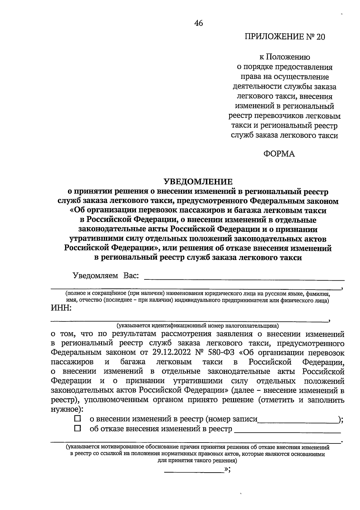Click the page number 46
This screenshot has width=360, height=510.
pos(198,23)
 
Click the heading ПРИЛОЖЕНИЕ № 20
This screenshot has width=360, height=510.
pos(285,37)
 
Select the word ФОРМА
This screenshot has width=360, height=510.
pos(279,154)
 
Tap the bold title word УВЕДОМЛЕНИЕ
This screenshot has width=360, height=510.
pos(198,181)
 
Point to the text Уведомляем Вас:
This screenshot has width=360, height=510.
pos(106,276)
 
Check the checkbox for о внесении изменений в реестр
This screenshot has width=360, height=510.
pos(78,418)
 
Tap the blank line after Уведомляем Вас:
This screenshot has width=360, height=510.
pos(244,279)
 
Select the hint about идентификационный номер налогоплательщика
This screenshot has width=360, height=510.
pos(198,325)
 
